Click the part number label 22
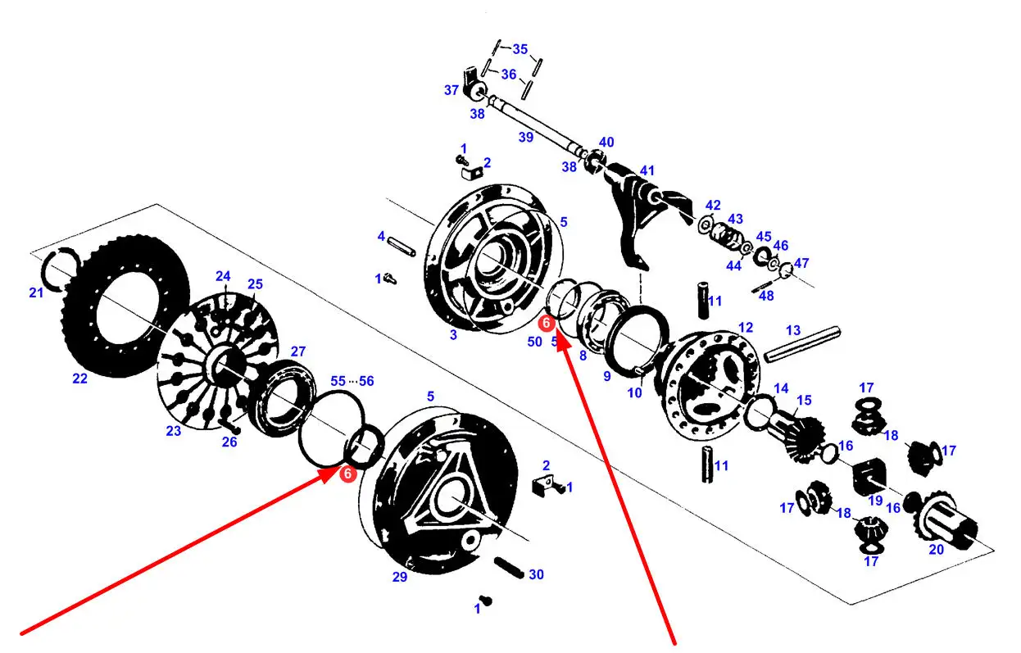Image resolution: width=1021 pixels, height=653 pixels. pos(79,379)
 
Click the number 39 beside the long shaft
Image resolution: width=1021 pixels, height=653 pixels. pos(526,137)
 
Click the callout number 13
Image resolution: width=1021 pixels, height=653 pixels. pos(793,330)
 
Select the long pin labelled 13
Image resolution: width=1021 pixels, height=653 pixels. pos(802,345)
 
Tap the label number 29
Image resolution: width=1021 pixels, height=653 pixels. pos(400,577)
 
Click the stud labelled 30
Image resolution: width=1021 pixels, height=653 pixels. pos(509,568)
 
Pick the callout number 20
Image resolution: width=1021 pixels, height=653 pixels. pos(937,550)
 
